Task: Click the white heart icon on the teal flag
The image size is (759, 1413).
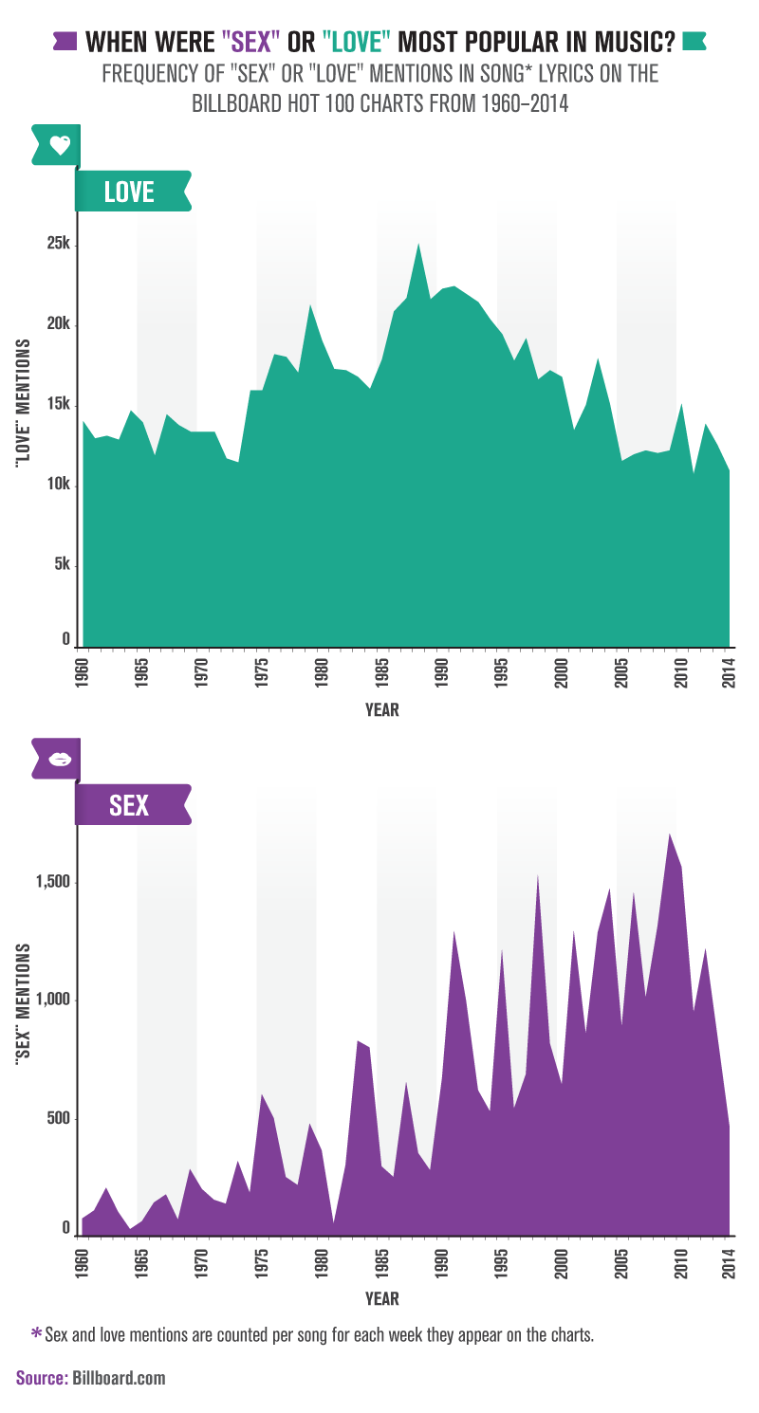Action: coord(60,145)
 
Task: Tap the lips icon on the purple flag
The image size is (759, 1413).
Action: coord(60,759)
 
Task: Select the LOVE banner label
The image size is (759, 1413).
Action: coord(129,192)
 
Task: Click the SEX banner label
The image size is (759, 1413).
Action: coord(129,805)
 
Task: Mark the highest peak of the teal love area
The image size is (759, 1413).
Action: coord(418,245)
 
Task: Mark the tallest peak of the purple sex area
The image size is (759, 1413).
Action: coord(670,835)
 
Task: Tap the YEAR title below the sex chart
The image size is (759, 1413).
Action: coord(381,1298)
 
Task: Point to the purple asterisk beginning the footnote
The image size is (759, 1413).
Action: coord(36,1333)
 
